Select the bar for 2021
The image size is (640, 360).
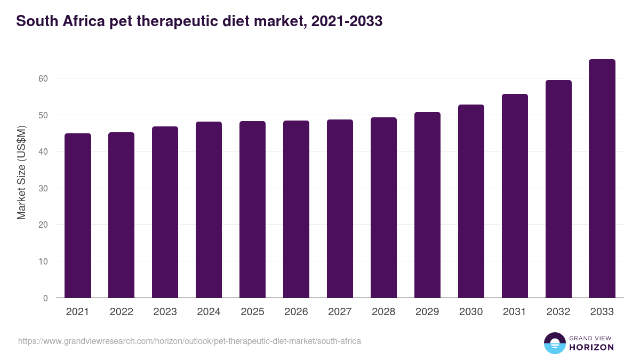(x=77, y=215)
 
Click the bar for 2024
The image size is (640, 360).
(x=209, y=210)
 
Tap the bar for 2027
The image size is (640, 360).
(x=340, y=209)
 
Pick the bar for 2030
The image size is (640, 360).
(x=471, y=201)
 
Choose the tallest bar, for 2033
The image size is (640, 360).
(x=602, y=179)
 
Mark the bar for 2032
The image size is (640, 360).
(x=558, y=189)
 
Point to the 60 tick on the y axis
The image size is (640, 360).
(x=43, y=78)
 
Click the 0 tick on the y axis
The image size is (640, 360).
(x=45, y=298)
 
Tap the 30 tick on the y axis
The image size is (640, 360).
(x=43, y=188)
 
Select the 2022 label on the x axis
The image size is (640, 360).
(x=121, y=312)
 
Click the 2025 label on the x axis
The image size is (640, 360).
(x=252, y=312)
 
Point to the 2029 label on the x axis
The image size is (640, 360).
(x=427, y=312)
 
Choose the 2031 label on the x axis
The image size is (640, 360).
(x=515, y=312)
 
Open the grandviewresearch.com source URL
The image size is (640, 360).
(x=189, y=341)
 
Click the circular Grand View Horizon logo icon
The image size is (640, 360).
(x=554, y=343)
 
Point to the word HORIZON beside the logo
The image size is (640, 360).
(x=591, y=347)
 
